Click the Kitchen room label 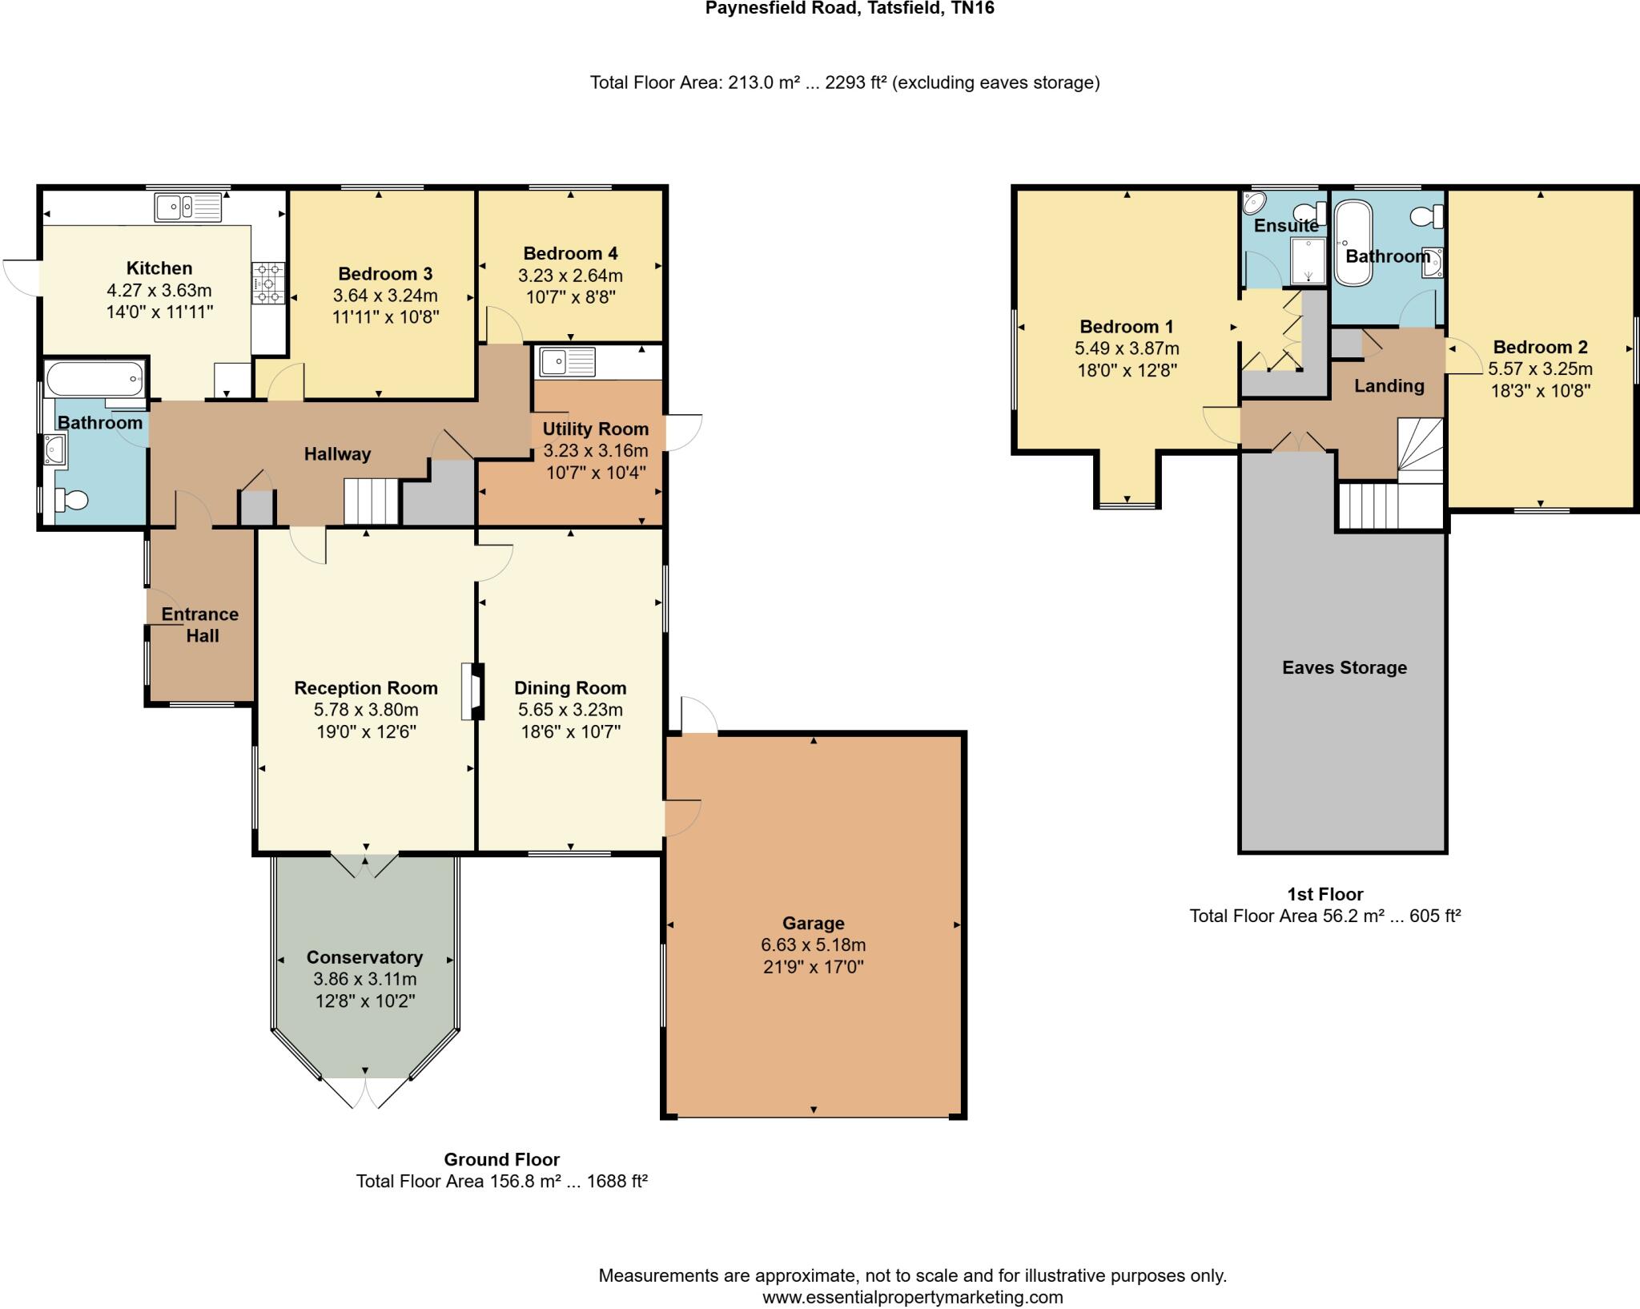(x=159, y=268)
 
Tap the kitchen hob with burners (x=268, y=284)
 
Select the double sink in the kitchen (x=189, y=207)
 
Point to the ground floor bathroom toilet (x=70, y=501)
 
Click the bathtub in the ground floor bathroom (x=95, y=379)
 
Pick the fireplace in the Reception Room (x=472, y=691)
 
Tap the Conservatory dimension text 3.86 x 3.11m (x=365, y=979)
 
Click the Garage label (x=814, y=924)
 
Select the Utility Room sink (x=568, y=362)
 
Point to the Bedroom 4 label (x=570, y=254)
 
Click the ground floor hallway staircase (x=372, y=501)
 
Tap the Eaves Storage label (x=1345, y=668)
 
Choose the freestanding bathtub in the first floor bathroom (x=1353, y=243)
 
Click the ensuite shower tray (x=1308, y=261)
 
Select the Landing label (x=1389, y=386)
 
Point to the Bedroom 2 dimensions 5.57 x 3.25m (x=1540, y=369)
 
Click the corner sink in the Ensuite (x=1256, y=203)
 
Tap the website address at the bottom (x=913, y=1297)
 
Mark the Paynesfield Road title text (x=850, y=9)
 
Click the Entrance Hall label (x=200, y=625)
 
